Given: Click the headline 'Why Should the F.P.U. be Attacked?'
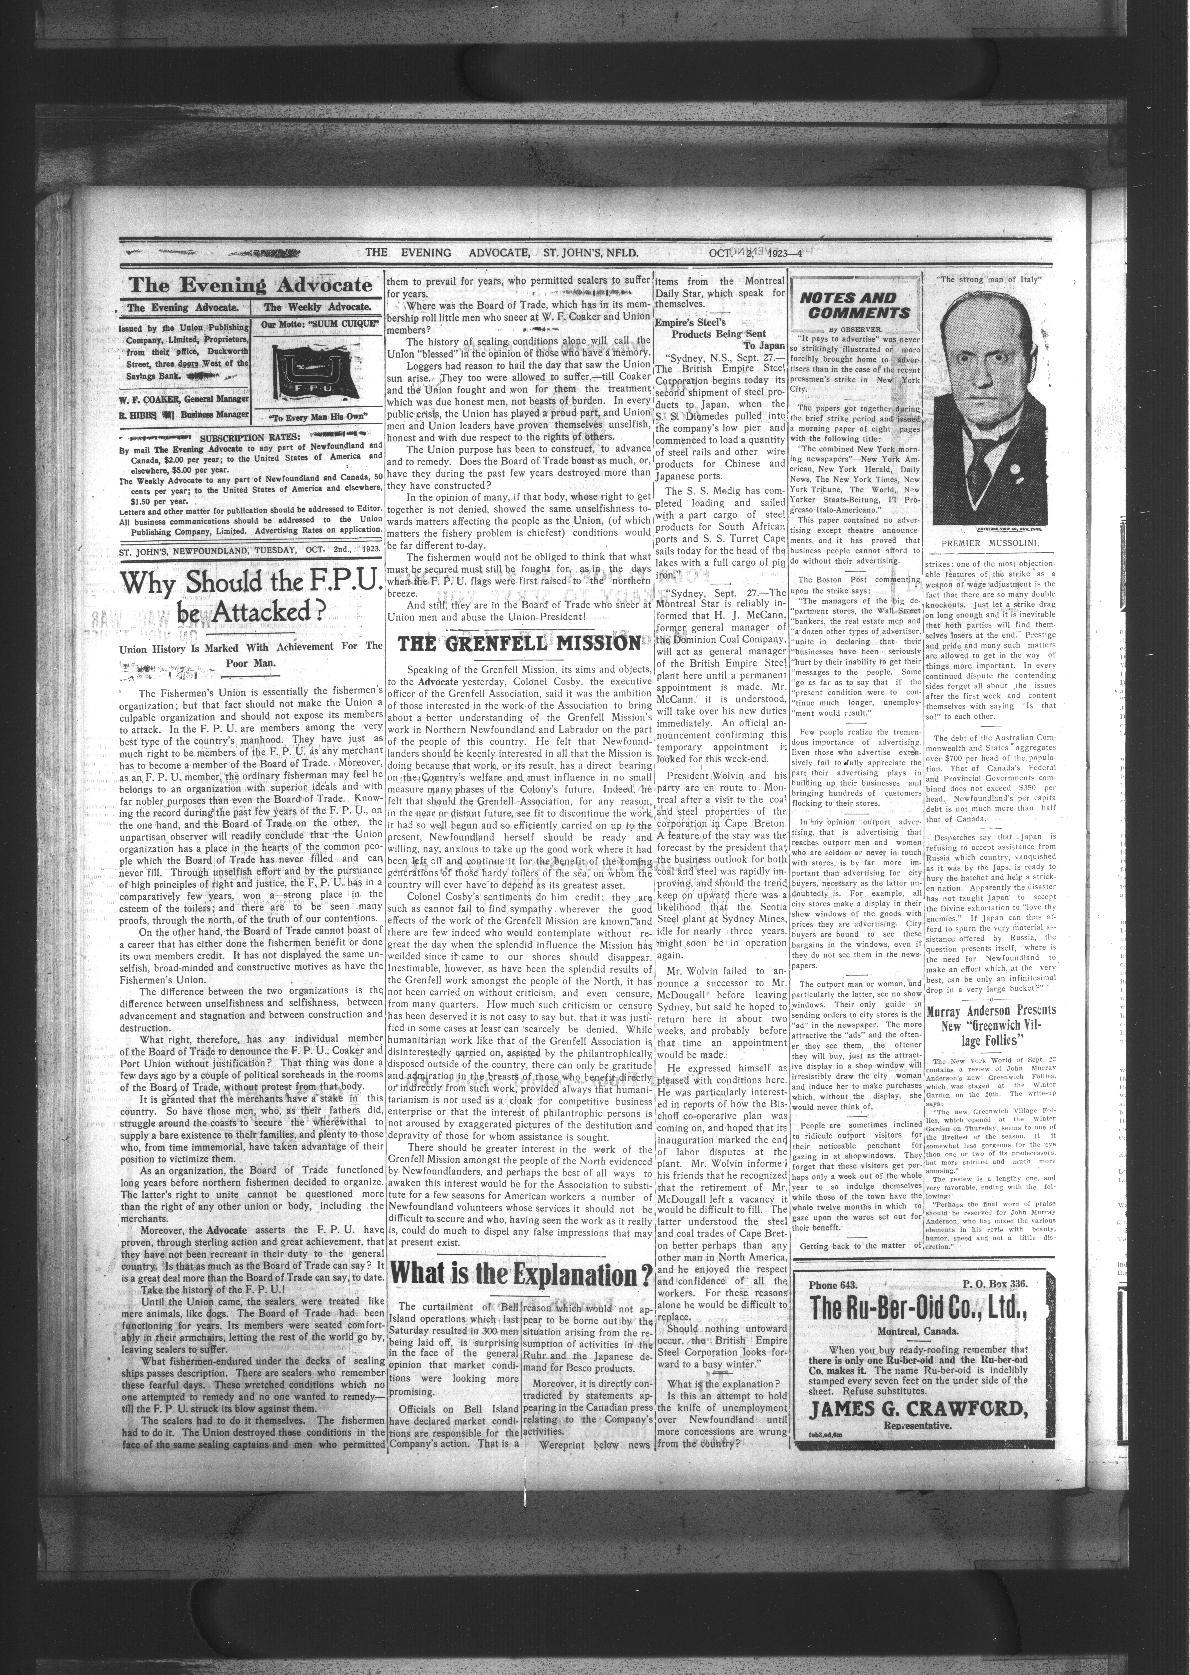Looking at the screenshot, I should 251,595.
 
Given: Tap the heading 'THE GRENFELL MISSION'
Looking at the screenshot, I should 519,643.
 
